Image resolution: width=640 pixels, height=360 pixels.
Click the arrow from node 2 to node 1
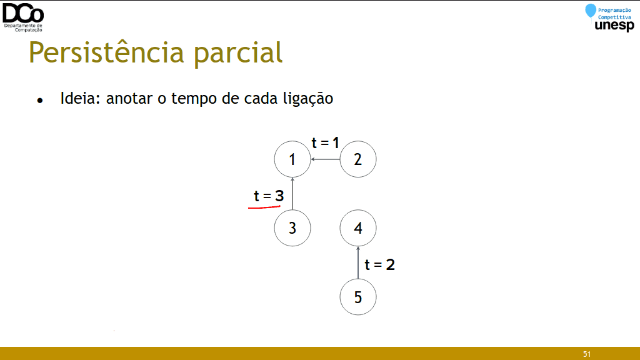[x=325, y=159]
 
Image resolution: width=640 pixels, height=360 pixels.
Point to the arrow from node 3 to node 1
[x=292, y=194]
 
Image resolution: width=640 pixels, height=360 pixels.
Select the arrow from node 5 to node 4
[x=358, y=262]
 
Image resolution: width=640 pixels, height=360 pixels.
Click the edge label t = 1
[x=325, y=143]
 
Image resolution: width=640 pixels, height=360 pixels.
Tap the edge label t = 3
[x=269, y=196]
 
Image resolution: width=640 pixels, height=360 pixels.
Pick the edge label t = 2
[x=379, y=264]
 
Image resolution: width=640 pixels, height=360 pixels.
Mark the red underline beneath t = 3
[x=264, y=207]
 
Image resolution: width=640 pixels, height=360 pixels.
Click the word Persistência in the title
[x=106, y=52]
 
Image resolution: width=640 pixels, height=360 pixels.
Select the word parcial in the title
[x=238, y=53]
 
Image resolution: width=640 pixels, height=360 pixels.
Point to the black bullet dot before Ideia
[x=39, y=101]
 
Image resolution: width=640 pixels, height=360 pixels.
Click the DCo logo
[x=23, y=17]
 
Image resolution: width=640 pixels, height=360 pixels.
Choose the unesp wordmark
[x=614, y=26]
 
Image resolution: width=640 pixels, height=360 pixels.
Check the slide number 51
[x=587, y=354]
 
